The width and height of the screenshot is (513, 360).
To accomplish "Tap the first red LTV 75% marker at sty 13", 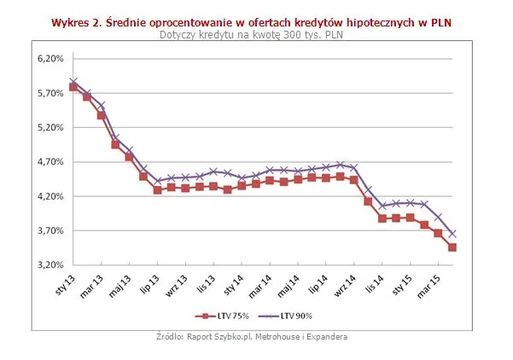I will [x=73, y=87].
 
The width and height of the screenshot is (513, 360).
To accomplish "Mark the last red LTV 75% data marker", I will [x=452, y=247].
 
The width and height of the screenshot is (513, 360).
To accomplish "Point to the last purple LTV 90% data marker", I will [x=452, y=234].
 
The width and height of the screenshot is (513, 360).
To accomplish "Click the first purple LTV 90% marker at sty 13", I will [x=73, y=82].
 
